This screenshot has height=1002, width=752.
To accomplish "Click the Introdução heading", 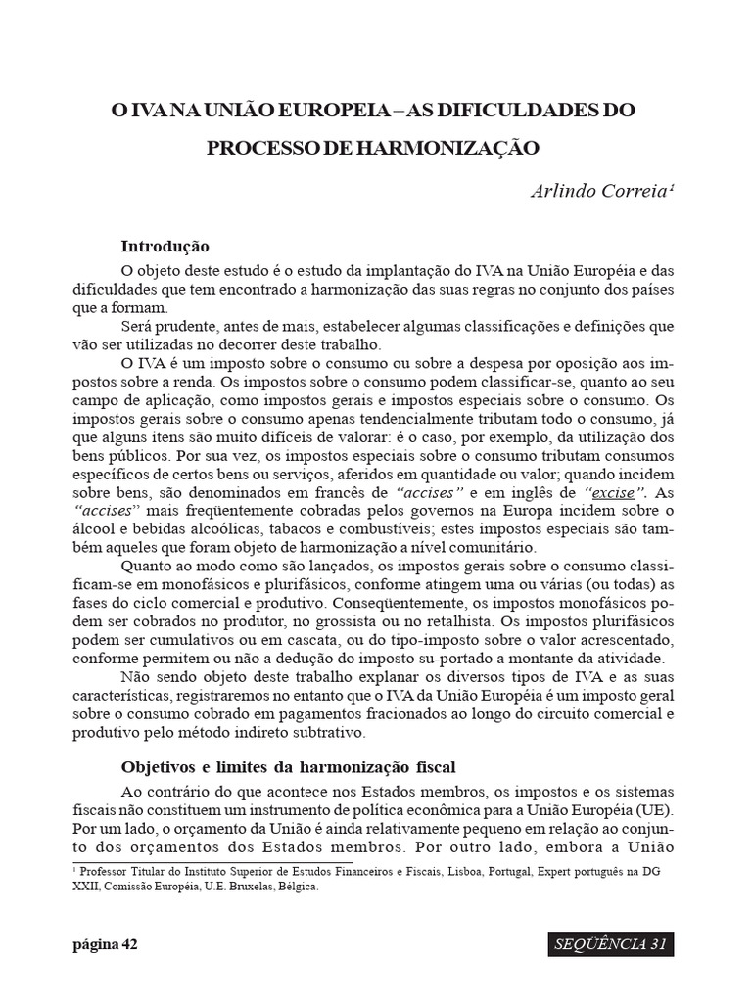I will (x=164, y=246).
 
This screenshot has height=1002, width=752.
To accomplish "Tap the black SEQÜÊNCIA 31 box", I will (x=610, y=944).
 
